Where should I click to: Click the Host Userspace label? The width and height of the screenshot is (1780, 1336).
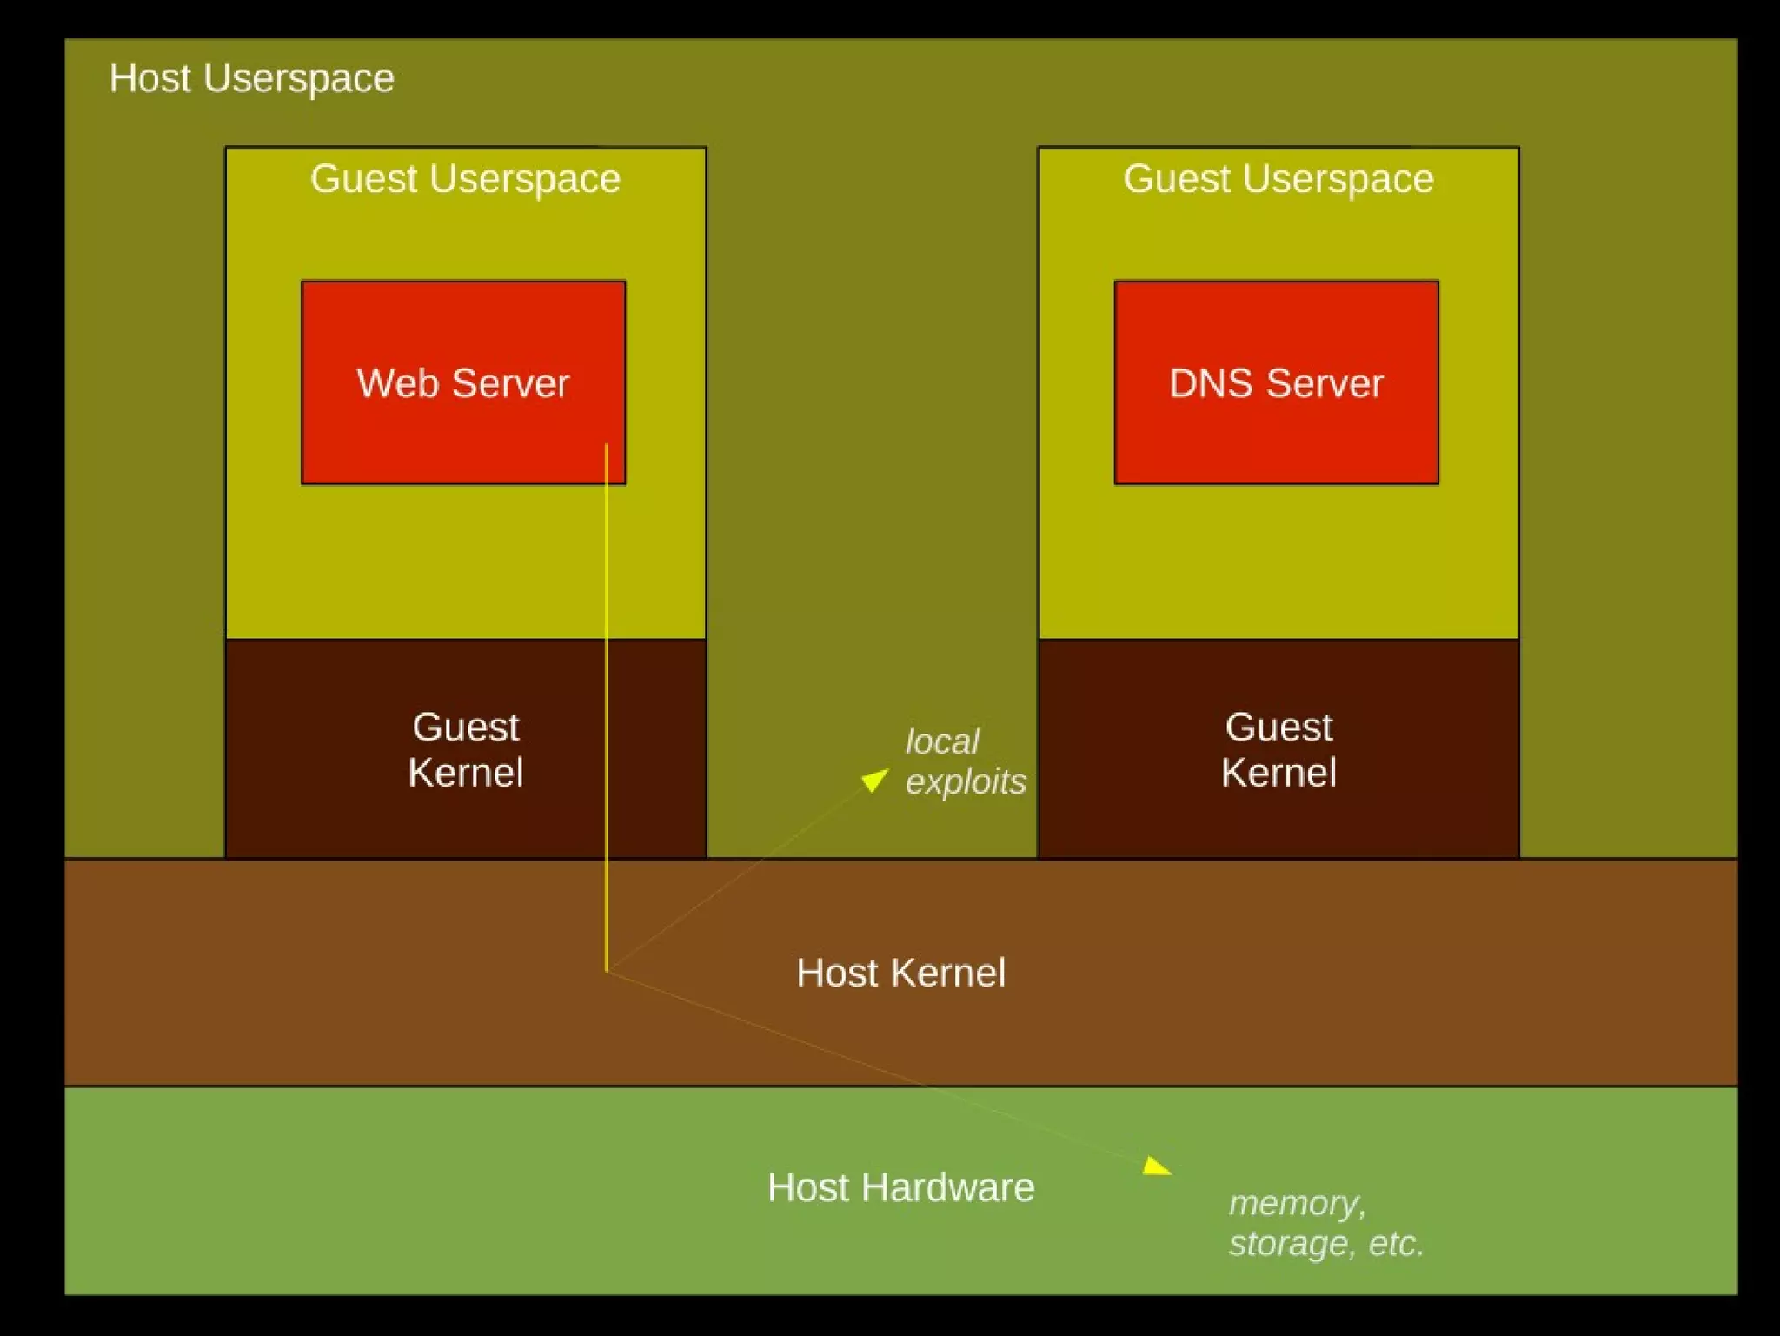[x=251, y=79]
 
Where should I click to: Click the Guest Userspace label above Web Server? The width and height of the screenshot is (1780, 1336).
[x=465, y=179]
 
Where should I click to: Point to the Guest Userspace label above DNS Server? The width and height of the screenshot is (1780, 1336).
[x=1278, y=179]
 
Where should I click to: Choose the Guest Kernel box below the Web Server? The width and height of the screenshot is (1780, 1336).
[x=465, y=749]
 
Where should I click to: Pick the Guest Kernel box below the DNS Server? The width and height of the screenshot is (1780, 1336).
[x=1278, y=749]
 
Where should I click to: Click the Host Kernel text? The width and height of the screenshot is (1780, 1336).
[x=900, y=974]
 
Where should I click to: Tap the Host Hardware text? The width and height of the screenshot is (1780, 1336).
[x=900, y=1188]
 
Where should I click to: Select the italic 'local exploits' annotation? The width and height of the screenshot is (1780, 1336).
[x=965, y=761]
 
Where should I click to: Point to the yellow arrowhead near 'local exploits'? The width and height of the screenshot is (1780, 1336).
[x=875, y=779]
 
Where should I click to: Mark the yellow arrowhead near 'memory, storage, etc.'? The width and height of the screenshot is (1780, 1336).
[x=1156, y=1167]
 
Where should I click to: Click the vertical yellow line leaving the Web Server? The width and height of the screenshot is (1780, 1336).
[x=607, y=695]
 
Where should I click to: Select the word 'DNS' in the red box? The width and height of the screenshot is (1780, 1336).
[x=1210, y=383]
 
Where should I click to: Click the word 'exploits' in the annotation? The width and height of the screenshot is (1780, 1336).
[x=966, y=782]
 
